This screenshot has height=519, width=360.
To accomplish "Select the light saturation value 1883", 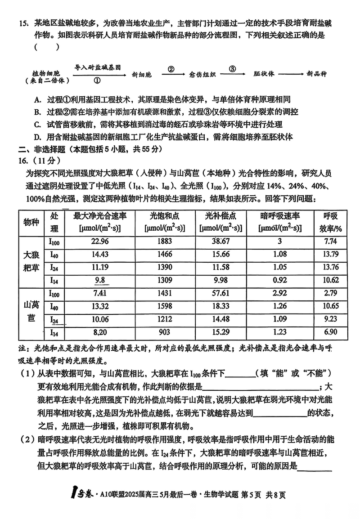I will [x=165, y=241].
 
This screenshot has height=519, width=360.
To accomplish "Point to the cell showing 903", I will [x=165, y=333].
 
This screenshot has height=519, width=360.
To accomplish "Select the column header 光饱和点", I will [x=165, y=216].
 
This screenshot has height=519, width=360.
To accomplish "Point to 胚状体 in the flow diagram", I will [x=264, y=74].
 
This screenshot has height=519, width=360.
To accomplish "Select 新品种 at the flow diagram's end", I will [x=316, y=74].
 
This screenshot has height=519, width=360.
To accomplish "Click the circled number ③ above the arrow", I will [x=232, y=68].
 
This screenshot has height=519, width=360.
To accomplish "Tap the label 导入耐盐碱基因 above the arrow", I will [x=98, y=67].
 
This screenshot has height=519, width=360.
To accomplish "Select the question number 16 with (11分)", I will [x=36, y=160].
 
